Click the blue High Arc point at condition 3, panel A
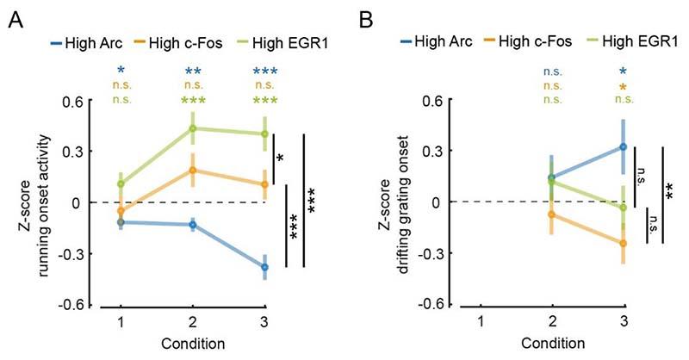(265, 268)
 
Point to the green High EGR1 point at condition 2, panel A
(193, 128)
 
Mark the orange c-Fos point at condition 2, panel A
(193, 171)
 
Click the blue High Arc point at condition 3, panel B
(623, 147)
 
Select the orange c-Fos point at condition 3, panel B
(623, 243)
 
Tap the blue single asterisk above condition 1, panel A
(121, 71)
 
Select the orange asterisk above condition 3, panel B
(623, 88)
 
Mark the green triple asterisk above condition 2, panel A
(193, 102)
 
